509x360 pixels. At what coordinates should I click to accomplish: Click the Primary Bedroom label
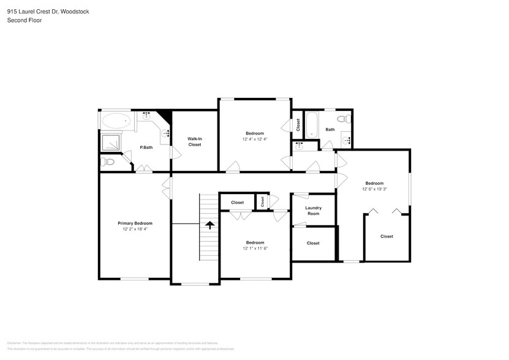point(135,223)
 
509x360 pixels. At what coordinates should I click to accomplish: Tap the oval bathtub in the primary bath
point(116,120)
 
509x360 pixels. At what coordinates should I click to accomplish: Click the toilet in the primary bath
point(108,162)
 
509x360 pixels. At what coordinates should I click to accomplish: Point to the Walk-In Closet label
point(194,141)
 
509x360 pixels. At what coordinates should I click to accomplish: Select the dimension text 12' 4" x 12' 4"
point(255,139)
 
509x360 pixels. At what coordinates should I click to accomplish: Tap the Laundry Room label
point(313,211)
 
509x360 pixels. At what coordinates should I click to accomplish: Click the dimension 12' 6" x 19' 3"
point(374,189)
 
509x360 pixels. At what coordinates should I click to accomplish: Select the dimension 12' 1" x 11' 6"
point(255,248)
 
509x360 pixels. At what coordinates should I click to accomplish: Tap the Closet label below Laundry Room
point(313,243)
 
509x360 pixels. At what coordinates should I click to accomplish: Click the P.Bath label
point(146,148)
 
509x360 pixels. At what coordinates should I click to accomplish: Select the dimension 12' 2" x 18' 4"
point(135,228)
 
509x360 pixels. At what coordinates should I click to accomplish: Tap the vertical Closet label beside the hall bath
point(298,124)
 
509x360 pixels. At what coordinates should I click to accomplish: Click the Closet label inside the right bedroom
point(386,236)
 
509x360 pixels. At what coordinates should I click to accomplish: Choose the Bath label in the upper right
point(330,129)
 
